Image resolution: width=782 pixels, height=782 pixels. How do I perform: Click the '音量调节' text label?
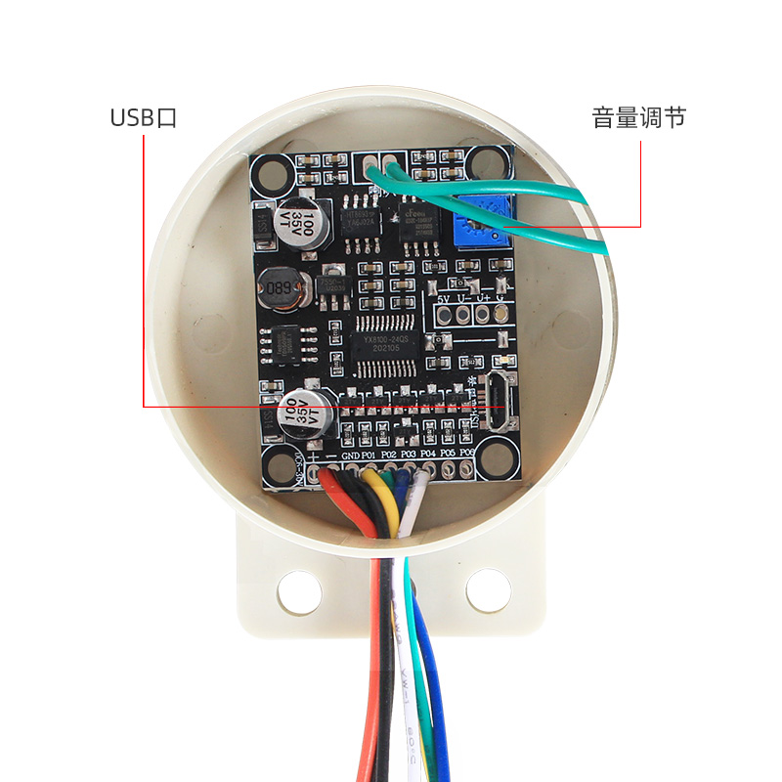point(638,118)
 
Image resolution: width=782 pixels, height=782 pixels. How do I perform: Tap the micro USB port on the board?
point(497,403)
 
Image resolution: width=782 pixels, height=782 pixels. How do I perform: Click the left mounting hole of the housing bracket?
point(298,589)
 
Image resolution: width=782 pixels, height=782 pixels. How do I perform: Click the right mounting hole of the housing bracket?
point(488,589)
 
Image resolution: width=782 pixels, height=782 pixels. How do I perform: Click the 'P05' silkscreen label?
point(447,454)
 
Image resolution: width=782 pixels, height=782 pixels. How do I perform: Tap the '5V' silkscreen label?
point(445,298)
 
